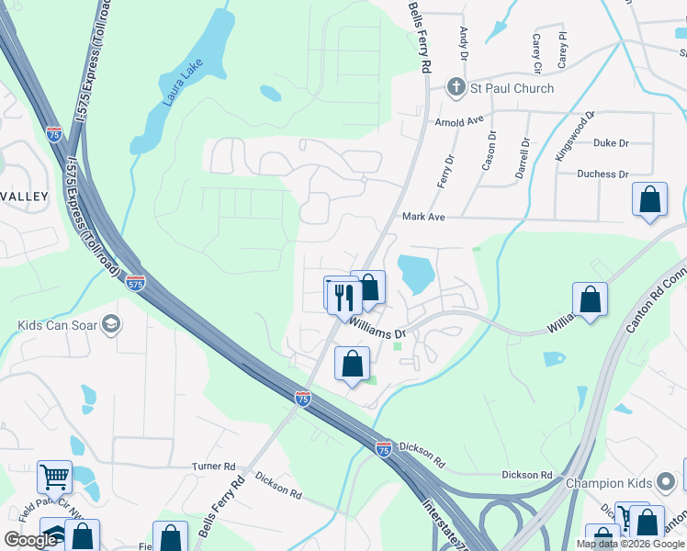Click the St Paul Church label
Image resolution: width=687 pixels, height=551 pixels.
tap(512, 88)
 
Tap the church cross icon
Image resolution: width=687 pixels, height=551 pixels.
tap(456, 88)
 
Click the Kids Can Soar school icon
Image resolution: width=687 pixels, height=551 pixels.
tap(111, 325)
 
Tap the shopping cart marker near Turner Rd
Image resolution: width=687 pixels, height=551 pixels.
tap(54, 477)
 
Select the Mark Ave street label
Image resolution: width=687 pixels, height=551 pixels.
tap(423, 217)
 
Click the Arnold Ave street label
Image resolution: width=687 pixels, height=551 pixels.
tap(458, 120)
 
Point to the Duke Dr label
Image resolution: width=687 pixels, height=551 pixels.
tap(611, 143)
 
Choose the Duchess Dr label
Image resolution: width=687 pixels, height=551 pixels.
tap(603, 174)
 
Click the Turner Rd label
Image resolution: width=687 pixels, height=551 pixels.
tap(214, 467)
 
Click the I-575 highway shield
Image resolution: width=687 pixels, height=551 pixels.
tap(135, 283)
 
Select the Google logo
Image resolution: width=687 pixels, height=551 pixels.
tap(30, 540)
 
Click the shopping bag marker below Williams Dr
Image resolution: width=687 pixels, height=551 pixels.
tap(352, 364)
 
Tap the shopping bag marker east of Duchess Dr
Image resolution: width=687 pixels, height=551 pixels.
tap(649, 199)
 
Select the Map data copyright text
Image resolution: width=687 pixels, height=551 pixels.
tap(630, 544)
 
